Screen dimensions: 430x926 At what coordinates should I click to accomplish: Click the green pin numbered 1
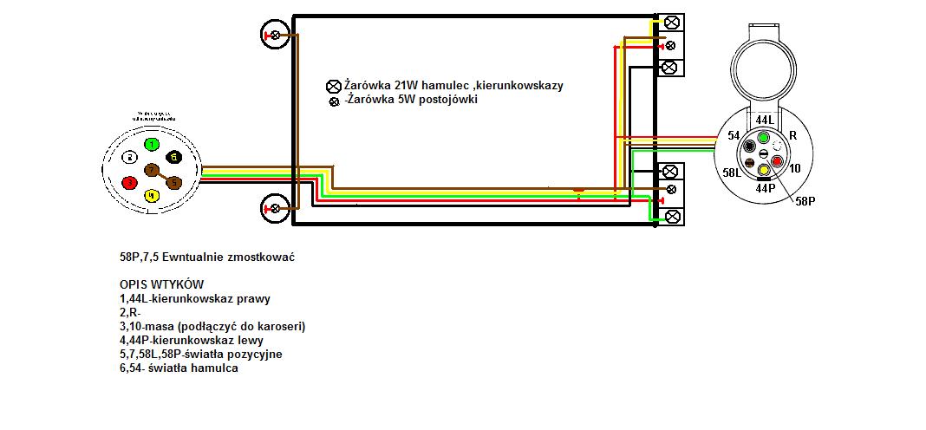click(152, 144)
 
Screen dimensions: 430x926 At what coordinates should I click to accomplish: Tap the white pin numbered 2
click(129, 158)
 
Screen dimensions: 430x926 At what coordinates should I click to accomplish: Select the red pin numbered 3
click(129, 183)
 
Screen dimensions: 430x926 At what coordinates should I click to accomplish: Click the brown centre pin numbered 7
click(152, 170)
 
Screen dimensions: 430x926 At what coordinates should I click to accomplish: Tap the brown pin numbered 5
click(173, 183)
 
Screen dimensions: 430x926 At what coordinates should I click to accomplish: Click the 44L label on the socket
click(764, 119)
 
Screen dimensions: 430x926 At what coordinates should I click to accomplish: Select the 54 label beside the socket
click(734, 136)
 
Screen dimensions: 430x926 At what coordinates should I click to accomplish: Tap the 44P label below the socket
click(765, 188)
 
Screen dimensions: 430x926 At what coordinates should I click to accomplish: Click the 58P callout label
click(806, 201)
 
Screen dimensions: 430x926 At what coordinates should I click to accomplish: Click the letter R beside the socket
click(792, 136)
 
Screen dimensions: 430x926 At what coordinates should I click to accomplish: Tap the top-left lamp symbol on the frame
click(275, 36)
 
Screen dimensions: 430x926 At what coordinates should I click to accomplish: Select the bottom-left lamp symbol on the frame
click(275, 208)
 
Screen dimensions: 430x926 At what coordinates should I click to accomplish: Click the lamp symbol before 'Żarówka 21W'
click(332, 86)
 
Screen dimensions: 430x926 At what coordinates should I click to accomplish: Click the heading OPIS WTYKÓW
click(162, 285)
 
